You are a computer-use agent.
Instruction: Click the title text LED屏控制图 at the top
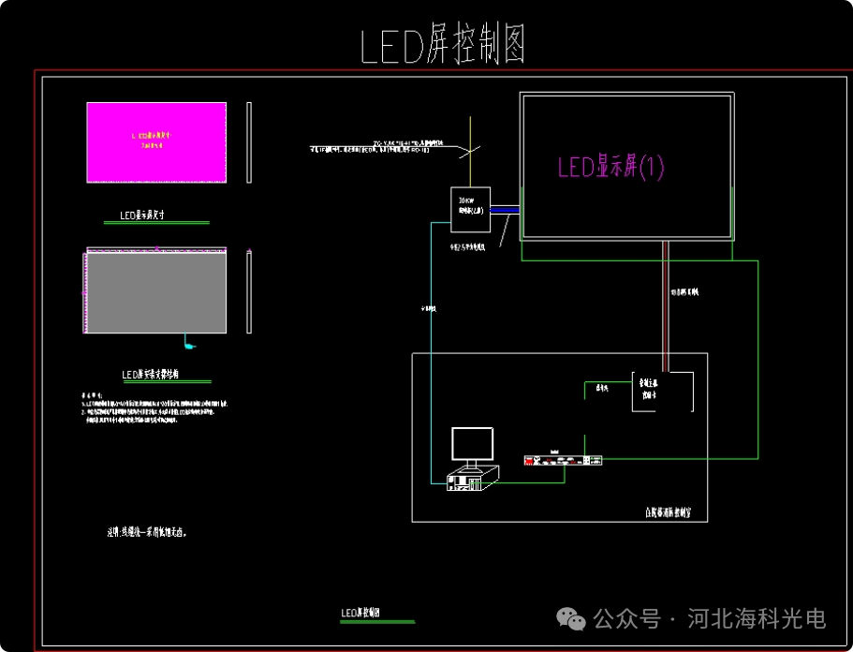coord(442,46)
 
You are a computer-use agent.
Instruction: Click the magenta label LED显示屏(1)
coord(610,168)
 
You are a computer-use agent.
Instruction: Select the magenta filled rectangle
coord(156,142)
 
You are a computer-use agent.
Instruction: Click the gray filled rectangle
coord(156,292)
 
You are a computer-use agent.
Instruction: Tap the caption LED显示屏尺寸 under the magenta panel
coord(142,215)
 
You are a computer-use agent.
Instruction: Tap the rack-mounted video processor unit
coord(563,459)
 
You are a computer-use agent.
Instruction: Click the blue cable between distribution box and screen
coord(504,210)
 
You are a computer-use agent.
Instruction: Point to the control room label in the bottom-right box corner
coord(673,512)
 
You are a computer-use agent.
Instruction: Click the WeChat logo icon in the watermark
coord(572,618)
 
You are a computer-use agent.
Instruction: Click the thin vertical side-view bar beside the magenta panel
coord(248,142)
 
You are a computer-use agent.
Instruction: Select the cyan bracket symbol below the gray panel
coord(190,345)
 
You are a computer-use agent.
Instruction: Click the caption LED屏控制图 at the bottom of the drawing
coord(366,614)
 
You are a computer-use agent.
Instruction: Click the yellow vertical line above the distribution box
coord(471,150)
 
